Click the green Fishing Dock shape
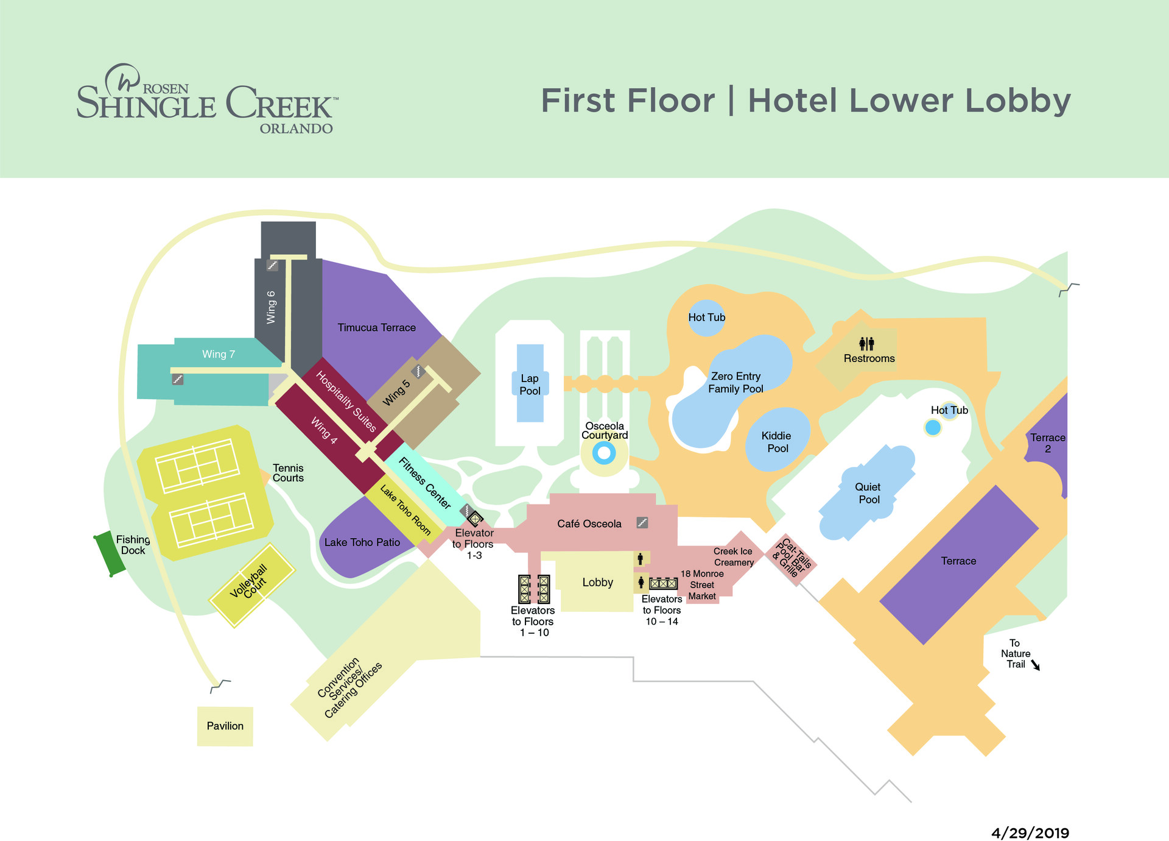(110, 553)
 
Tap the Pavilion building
(225, 726)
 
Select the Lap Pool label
(530, 385)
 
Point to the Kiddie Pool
(778, 441)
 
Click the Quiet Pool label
(868, 493)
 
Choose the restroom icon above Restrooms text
(866, 344)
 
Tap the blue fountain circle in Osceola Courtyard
(604, 453)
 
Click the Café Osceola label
(589, 523)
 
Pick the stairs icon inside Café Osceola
(642, 522)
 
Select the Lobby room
(597, 582)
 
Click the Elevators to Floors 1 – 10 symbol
(533, 589)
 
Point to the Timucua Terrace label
(376, 327)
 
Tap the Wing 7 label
(218, 354)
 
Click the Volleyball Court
(251, 584)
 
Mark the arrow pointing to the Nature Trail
(1036, 665)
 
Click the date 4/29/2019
(1030, 833)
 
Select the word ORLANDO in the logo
(296, 129)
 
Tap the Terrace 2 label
(1047, 443)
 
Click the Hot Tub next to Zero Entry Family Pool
(706, 317)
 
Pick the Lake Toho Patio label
(362, 542)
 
